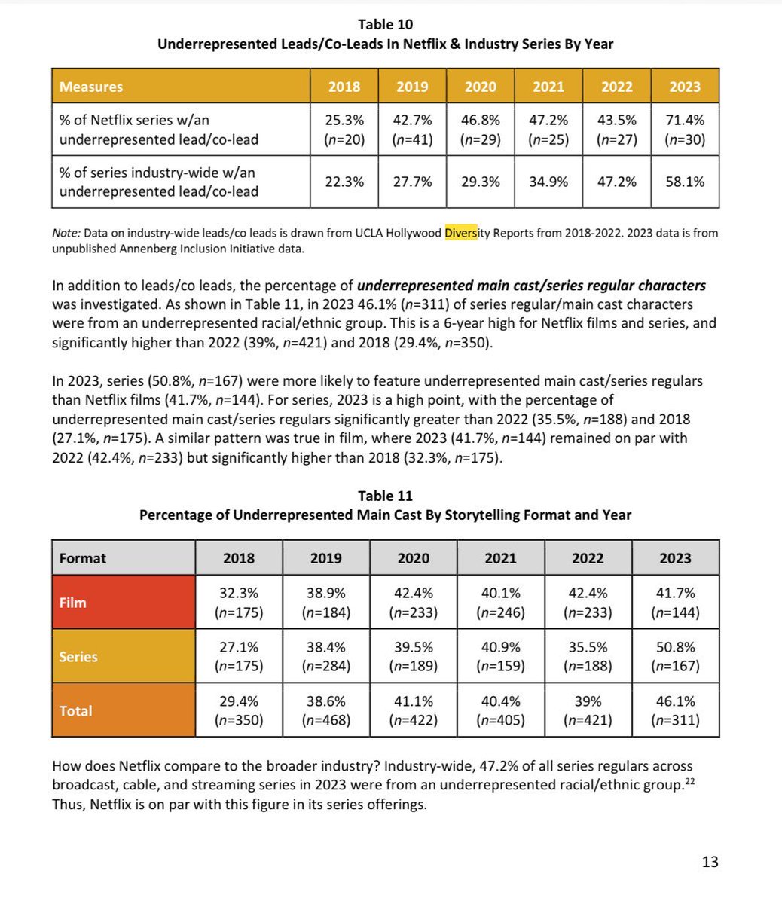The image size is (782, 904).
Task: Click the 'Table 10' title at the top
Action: [385, 25]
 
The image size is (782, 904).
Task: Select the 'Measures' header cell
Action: [90, 87]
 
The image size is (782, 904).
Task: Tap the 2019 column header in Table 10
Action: [412, 87]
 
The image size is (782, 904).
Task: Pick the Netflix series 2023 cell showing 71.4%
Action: [685, 130]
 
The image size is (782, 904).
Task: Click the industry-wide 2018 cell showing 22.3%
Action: [344, 182]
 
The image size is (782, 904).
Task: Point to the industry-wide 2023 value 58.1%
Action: [685, 182]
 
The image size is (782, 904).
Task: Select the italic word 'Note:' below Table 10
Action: [66, 233]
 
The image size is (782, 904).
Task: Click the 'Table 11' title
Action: [385, 496]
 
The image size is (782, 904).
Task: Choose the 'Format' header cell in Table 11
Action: [83, 558]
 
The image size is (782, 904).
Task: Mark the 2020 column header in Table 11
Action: [413, 558]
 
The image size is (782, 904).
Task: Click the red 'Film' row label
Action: [73, 603]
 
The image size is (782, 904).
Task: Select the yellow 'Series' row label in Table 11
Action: [78, 657]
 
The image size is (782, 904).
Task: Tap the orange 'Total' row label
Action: [75, 710]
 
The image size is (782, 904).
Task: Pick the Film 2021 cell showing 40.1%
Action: [500, 603]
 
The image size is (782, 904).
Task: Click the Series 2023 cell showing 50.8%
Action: [675, 657]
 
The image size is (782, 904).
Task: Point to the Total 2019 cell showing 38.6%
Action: [325, 710]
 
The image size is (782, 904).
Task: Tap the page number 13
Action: [710, 862]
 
